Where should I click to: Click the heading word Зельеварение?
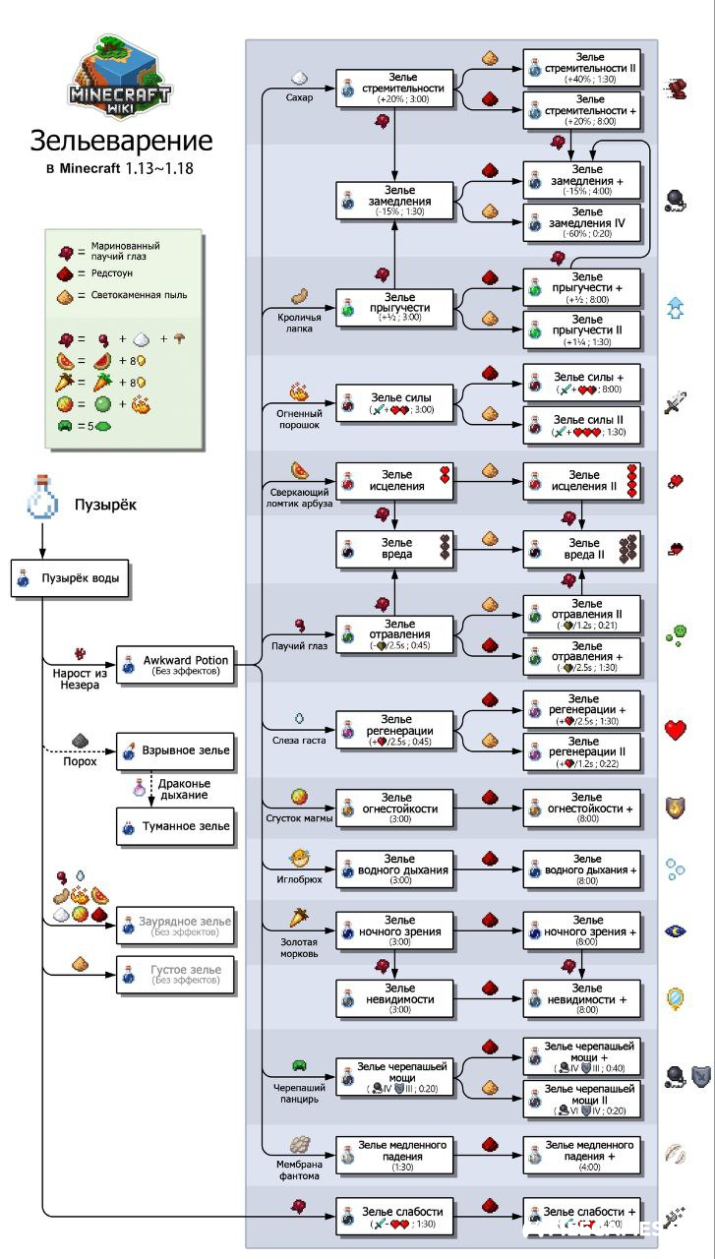[x=120, y=141]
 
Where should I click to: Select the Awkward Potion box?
[x=176, y=665]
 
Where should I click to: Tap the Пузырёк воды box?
[x=71, y=578]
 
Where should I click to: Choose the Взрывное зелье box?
[x=176, y=750]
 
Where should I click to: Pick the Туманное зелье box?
[x=176, y=827]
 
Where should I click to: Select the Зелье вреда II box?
[x=581, y=549]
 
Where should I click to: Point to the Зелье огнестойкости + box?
[x=581, y=809]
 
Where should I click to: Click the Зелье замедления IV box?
[x=581, y=222]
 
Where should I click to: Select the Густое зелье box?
[x=176, y=975]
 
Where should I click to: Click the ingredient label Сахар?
[x=299, y=97]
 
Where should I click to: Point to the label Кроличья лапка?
[x=293, y=323]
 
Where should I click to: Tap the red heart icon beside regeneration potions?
[x=676, y=730]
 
